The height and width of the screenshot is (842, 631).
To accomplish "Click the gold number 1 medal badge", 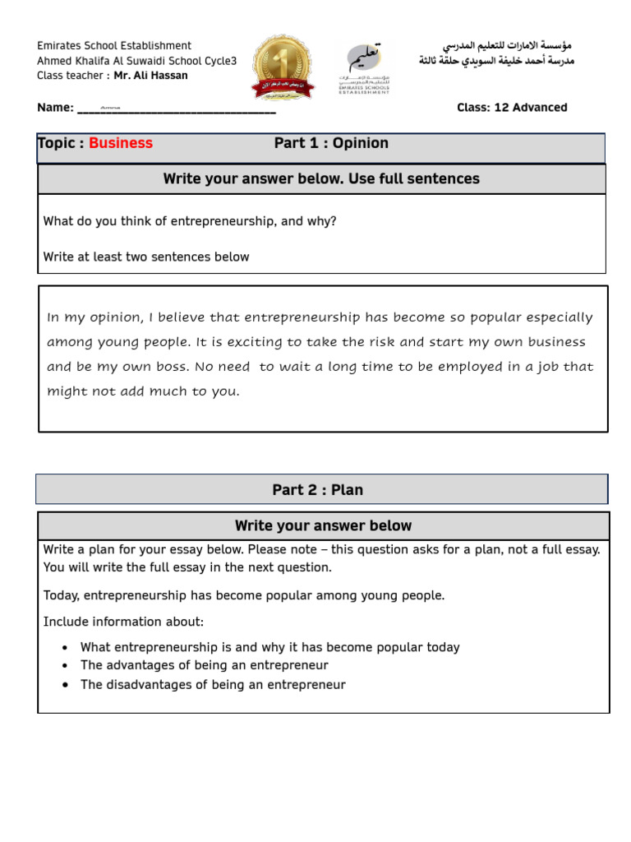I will (x=283, y=67).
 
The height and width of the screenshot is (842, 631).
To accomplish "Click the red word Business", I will (x=121, y=143).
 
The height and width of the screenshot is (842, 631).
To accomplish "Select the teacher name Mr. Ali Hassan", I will (x=150, y=76).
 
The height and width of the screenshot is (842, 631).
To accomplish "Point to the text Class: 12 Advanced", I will (x=512, y=108).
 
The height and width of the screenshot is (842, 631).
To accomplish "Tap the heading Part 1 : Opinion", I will (x=331, y=143).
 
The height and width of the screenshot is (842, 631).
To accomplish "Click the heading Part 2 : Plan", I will (x=318, y=490).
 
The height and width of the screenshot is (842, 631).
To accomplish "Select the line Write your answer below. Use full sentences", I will (x=321, y=178).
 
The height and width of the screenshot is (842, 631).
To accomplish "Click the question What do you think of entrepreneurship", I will (x=190, y=221).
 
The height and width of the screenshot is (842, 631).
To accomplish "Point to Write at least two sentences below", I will (x=146, y=257).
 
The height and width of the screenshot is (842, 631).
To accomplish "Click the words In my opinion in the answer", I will (x=89, y=317).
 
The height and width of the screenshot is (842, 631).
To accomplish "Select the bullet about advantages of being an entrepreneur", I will (x=204, y=665).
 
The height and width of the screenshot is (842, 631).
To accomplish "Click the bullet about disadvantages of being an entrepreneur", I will (x=213, y=685).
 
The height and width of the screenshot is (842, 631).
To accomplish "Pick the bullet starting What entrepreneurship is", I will (x=269, y=647).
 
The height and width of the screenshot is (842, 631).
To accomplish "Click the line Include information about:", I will (x=123, y=621).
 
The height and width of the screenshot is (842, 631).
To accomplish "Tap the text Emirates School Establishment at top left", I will (x=114, y=46).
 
